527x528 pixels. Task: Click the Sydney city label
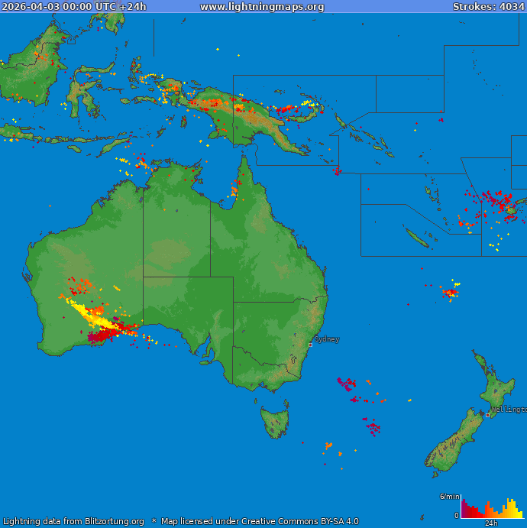click(x=327, y=339)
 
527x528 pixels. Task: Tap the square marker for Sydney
click(x=310, y=345)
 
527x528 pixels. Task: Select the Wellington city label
click(x=509, y=410)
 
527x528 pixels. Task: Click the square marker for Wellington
click(x=487, y=415)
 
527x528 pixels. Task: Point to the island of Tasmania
click(x=275, y=422)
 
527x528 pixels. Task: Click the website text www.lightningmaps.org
click(x=262, y=7)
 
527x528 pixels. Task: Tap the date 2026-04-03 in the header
click(x=31, y=7)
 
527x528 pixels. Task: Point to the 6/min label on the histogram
click(x=448, y=497)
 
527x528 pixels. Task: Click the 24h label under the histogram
click(x=492, y=523)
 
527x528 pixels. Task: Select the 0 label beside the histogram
click(x=457, y=516)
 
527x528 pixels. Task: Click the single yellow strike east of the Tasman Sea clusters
click(x=409, y=400)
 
